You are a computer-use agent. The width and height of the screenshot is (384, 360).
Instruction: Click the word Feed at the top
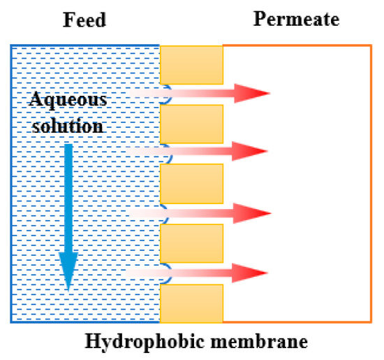coord(84,20)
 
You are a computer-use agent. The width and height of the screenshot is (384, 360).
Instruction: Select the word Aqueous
coord(68,100)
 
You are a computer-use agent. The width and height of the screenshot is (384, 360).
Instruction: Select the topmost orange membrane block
coord(192,64)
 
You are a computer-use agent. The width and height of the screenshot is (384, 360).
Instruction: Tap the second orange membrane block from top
coord(192,124)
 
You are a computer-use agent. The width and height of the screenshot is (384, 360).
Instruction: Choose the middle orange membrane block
coord(192,183)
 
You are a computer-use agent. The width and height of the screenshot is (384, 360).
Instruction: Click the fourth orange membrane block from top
coord(192,243)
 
